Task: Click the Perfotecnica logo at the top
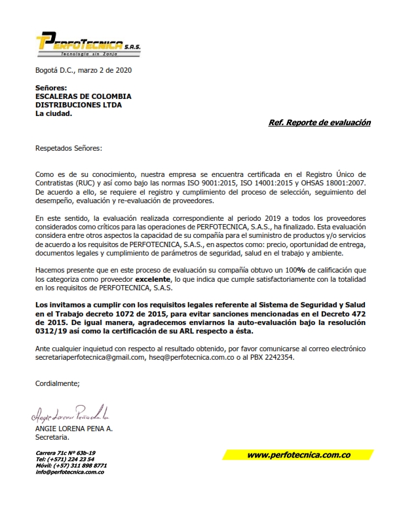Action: (x=88, y=44)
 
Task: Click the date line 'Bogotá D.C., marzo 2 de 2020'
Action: (x=83, y=69)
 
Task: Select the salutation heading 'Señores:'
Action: (x=51, y=88)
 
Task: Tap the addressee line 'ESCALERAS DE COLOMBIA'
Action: (x=83, y=96)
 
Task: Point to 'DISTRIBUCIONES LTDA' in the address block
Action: (x=79, y=105)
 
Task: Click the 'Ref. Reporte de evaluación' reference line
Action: (x=320, y=123)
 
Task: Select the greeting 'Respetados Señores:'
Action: (x=69, y=148)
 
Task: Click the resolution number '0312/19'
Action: (x=49, y=332)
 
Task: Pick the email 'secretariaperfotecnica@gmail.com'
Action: (x=90, y=358)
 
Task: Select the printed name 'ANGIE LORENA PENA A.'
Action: (x=74, y=428)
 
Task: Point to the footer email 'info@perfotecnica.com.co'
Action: (x=70, y=472)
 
